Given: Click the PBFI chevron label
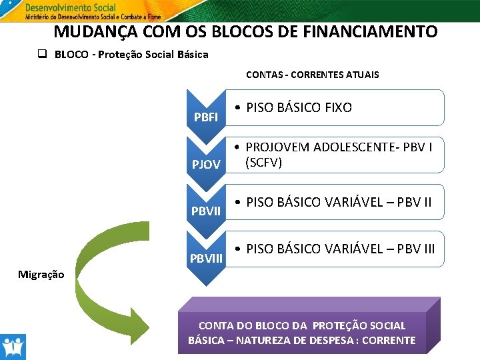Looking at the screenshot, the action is (x=205, y=117).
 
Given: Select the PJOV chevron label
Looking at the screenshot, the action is (x=206, y=164).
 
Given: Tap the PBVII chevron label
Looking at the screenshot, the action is (x=206, y=211).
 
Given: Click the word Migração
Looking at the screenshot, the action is (x=41, y=274).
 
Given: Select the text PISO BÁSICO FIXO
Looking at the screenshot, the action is (x=299, y=107).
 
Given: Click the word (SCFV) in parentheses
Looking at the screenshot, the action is (x=263, y=162).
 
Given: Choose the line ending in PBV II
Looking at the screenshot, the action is (x=340, y=201).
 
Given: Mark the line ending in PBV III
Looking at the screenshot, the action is (x=340, y=249).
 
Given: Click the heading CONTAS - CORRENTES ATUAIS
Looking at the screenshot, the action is (x=312, y=75).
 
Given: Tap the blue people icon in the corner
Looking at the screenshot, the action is (x=12, y=347).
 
